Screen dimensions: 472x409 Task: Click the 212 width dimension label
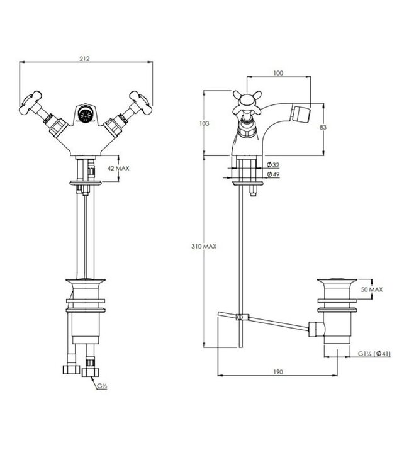pos(86,59)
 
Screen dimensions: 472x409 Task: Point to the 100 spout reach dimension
pos(279,73)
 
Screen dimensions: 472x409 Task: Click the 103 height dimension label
pos(203,124)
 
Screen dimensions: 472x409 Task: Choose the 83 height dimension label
pos(323,127)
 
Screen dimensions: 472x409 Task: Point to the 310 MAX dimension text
pos(205,247)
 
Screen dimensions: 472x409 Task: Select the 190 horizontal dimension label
pos(278,372)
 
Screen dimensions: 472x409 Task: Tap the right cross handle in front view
pos(139,100)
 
